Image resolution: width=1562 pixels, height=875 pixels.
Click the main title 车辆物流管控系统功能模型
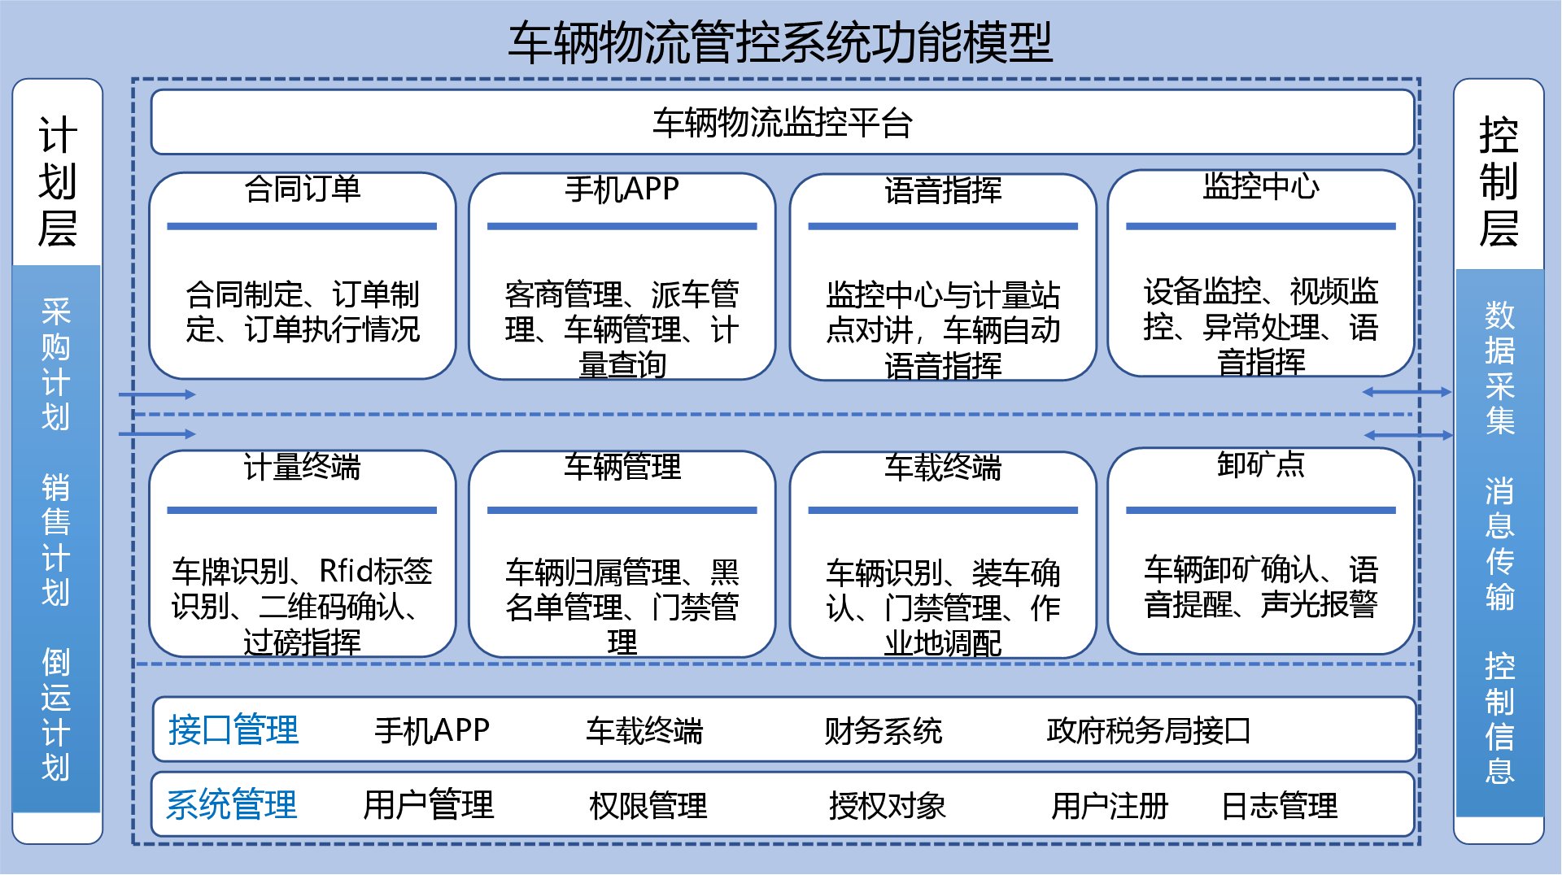(x=780, y=42)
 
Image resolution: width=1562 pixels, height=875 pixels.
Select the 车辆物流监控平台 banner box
(x=783, y=123)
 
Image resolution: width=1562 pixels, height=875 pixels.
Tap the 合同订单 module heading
(x=303, y=189)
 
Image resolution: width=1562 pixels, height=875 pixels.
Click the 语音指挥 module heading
(x=943, y=190)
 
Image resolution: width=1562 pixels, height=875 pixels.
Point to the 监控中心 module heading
(x=1261, y=187)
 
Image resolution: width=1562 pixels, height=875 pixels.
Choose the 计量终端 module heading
(x=302, y=467)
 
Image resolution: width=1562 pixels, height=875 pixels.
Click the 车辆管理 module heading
(x=622, y=467)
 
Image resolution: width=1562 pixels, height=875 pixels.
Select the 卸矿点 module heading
(x=1261, y=464)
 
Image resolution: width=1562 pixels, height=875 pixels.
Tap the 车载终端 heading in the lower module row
(x=943, y=468)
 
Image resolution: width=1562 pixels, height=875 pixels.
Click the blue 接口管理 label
(x=233, y=729)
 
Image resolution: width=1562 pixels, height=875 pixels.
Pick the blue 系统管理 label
(x=232, y=805)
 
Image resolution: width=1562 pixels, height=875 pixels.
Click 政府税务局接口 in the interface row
(x=1148, y=730)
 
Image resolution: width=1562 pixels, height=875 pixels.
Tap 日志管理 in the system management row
(x=1280, y=806)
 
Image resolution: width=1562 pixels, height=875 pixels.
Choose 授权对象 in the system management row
(x=888, y=806)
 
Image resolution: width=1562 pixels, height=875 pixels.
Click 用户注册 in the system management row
(x=1110, y=806)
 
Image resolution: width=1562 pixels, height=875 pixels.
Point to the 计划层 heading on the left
(x=58, y=181)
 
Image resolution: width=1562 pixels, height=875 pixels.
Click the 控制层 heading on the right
(x=1499, y=181)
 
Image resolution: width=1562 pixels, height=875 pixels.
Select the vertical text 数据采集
(x=1499, y=368)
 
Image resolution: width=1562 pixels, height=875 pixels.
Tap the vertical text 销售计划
(x=55, y=540)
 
